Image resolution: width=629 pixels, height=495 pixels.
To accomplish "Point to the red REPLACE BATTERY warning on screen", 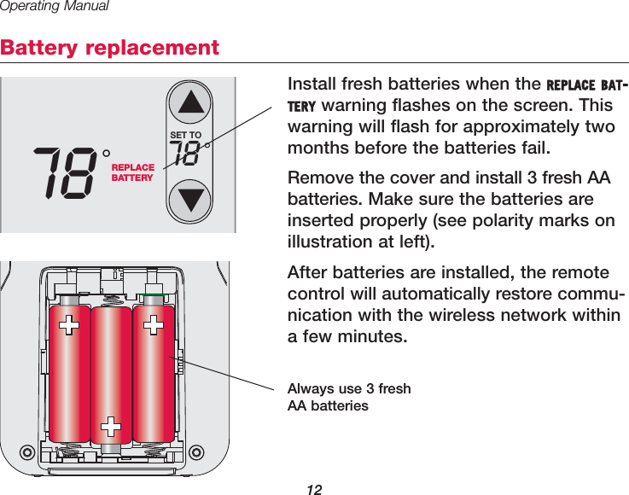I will coord(133,172).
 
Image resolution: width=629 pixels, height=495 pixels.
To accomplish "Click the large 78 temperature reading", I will coord(65,172).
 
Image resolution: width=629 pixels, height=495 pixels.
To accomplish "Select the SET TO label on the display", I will coord(186,135).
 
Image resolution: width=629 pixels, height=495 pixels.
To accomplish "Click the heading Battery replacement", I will coord(110,48).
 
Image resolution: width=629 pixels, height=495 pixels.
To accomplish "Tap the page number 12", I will coord(314,489).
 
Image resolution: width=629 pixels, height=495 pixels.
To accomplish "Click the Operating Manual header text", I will coord(55,7).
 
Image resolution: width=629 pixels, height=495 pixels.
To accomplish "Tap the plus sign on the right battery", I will coord(154,324).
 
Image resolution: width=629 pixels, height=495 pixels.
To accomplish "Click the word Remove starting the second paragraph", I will coord(317,178).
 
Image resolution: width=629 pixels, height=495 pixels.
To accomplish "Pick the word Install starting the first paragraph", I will coord(312,85).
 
